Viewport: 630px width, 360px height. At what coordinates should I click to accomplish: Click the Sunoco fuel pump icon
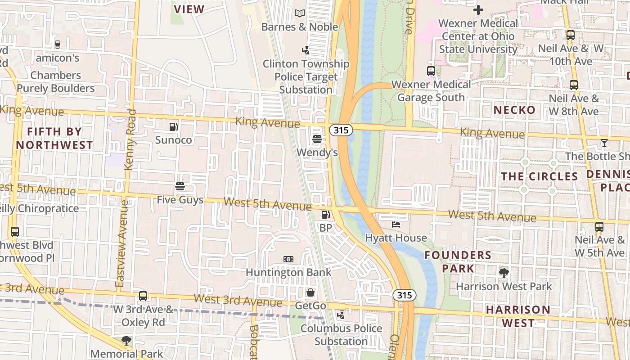(x=174, y=127)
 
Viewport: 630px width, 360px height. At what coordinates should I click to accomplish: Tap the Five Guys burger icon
(x=180, y=186)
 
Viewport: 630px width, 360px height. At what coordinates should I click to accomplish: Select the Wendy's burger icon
(x=317, y=139)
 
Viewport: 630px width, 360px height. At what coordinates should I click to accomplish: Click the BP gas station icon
(x=325, y=215)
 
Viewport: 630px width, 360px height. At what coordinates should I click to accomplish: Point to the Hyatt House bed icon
(x=396, y=224)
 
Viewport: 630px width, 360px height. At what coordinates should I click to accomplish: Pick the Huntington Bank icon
(x=288, y=259)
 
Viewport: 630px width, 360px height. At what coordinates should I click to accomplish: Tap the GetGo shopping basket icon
(x=310, y=292)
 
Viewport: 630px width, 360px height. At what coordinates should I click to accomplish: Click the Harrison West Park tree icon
(x=504, y=272)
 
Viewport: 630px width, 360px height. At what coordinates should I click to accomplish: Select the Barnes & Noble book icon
(x=300, y=13)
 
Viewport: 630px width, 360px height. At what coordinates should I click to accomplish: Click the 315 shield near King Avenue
(x=341, y=130)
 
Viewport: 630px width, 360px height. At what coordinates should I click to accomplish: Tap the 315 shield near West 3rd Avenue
(x=404, y=295)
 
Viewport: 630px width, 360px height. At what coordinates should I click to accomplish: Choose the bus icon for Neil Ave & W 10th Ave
(x=571, y=35)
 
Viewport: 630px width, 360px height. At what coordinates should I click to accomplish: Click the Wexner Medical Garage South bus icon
(x=431, y=71)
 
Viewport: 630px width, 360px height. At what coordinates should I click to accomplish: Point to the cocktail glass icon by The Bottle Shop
(x=604, y=143)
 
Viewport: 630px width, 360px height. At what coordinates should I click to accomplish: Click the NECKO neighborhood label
(x=514, y=110)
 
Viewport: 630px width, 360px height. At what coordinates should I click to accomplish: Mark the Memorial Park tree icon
(x=126, y=341)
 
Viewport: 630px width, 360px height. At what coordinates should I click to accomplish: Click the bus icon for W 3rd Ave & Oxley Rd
(x=143, y=296)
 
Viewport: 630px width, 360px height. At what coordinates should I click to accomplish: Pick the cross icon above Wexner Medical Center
(x=478, y=9)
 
